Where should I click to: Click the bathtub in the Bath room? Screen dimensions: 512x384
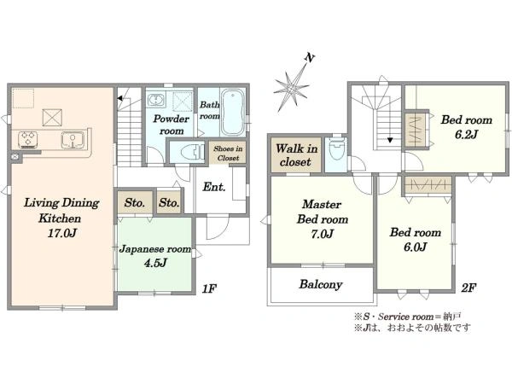point(232,112)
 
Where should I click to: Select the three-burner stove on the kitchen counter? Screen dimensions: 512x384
point(28,139)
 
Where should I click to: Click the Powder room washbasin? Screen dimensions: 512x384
point(156,99)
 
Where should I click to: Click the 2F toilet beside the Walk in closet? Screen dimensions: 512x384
point(337,150)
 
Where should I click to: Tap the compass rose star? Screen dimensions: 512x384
point(291,88)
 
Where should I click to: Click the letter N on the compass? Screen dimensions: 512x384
point(309,58)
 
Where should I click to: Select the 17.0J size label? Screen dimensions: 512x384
point(62,233)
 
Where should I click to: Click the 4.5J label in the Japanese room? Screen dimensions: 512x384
point(155,263)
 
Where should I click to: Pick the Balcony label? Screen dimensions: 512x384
point(320,284)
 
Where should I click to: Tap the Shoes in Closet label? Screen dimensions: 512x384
point(228,153)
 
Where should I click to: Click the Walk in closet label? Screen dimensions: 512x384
point(296,155)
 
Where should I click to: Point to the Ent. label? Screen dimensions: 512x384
point(214,187)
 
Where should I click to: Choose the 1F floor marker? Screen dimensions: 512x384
point(209,288)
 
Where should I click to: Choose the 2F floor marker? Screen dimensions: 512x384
point(468,288)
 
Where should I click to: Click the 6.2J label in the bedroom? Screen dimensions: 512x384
point(466,134)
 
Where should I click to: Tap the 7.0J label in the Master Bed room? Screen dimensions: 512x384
point(322,234)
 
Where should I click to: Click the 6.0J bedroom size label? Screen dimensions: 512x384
point(415,247)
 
